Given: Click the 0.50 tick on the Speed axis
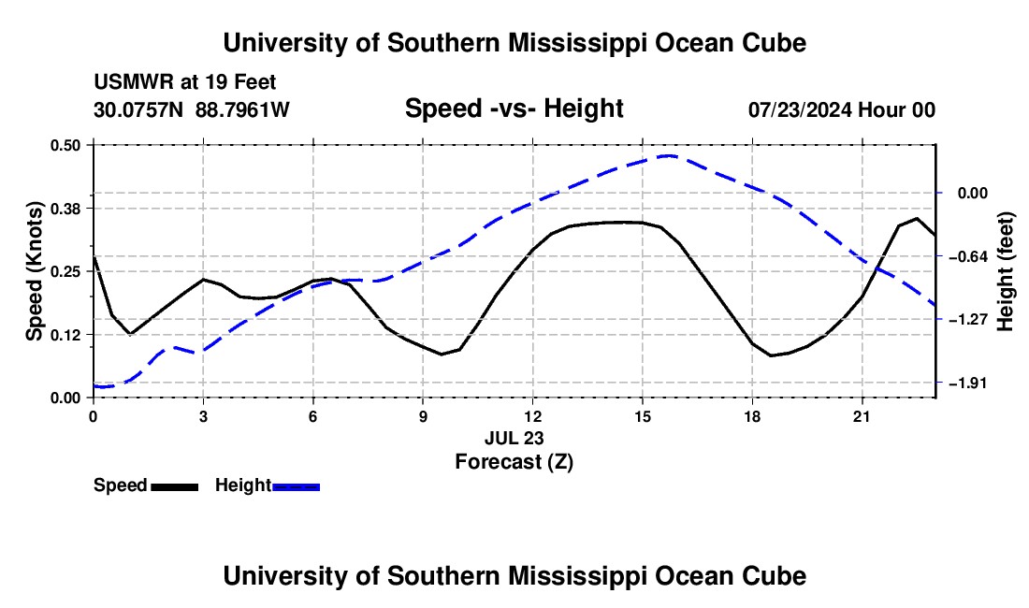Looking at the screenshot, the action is coord(65,145).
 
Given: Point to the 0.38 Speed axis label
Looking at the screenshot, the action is coord(65,209).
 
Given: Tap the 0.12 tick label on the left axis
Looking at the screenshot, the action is coord(65,335).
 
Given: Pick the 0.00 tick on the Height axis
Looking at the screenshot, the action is coord(973,193).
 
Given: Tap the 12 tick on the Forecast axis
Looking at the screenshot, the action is coord(533,416).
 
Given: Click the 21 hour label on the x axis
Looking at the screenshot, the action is coord(862,416).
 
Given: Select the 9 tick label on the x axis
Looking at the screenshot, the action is coord(423,416).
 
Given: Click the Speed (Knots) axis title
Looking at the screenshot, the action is coord(34,271).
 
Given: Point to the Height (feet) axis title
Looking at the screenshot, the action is coord(1006,271).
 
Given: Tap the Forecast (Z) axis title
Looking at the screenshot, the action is coord(514,462).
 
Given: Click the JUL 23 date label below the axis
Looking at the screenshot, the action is coord(514,438).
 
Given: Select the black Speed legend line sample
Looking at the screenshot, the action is coord(175,486).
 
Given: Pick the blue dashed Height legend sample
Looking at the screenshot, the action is coord(296,486).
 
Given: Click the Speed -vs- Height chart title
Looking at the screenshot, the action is coord(514,109).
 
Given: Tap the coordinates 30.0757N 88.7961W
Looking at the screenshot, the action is coord(192,109).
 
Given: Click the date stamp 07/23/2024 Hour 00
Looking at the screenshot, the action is coord(842,109).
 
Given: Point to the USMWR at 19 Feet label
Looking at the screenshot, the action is coord(185,82).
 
